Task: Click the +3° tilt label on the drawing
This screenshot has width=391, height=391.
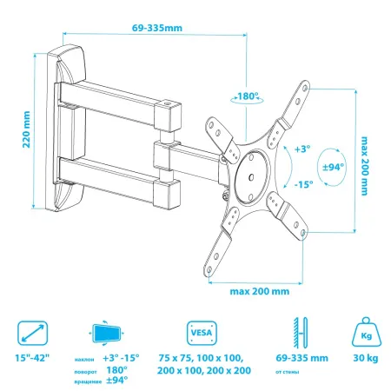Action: point(303,149)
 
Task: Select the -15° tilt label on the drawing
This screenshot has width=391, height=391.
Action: point(303,184)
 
